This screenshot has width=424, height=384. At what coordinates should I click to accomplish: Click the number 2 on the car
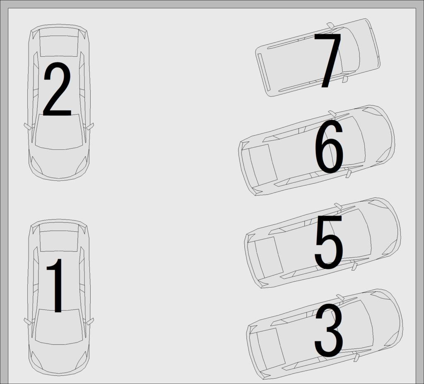coord(57,89)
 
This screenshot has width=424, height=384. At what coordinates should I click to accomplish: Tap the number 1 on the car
coord(56,286)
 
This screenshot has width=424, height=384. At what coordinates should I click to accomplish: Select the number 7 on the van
coord(328,61)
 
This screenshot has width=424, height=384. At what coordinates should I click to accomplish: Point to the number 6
coord(328,147)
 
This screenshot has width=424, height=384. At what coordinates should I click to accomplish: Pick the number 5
coord(328,242)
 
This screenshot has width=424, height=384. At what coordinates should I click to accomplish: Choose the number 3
coord(328,331)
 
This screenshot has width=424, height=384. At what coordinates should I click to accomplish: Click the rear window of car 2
coord(59,46)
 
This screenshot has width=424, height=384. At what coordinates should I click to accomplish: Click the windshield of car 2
coord(59,132)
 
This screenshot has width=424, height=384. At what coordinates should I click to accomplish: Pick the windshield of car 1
coord(59,327)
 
